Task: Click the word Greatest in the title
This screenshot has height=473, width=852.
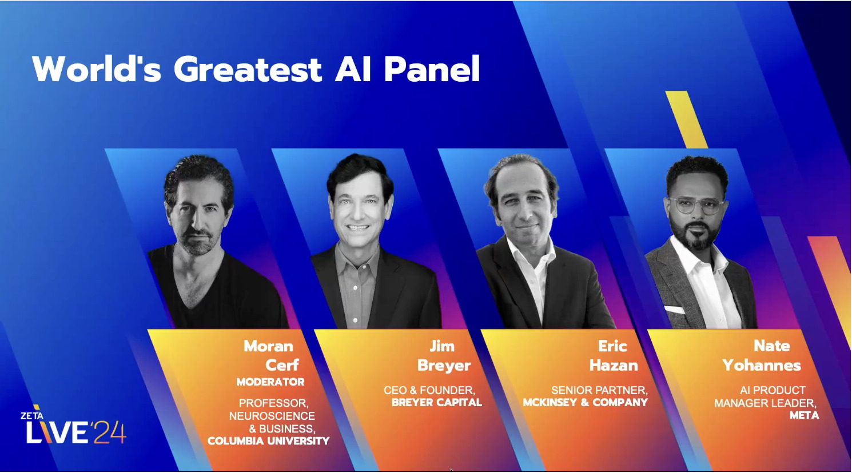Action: pos(248,70)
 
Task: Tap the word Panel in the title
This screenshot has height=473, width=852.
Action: pos(432,70)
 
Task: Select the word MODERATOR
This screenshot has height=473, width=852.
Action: pos(270,382)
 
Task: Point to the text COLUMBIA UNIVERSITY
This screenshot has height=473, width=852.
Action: pos(268,441)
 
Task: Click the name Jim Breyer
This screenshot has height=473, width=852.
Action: pos(443,355)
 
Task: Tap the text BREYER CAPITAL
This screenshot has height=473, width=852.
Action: pos(436,403)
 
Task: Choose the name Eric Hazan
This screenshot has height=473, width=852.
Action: pos(613,355)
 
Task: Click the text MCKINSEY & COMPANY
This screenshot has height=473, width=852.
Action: pos(585,403)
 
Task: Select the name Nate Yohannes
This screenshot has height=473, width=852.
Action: pos(762,355)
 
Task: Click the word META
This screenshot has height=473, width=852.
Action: pos(804,415)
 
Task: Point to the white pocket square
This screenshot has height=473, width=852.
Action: pos(675,310)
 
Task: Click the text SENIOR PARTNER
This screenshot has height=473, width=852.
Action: pos(599,390)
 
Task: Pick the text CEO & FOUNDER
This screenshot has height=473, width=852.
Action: pos(429,390)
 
